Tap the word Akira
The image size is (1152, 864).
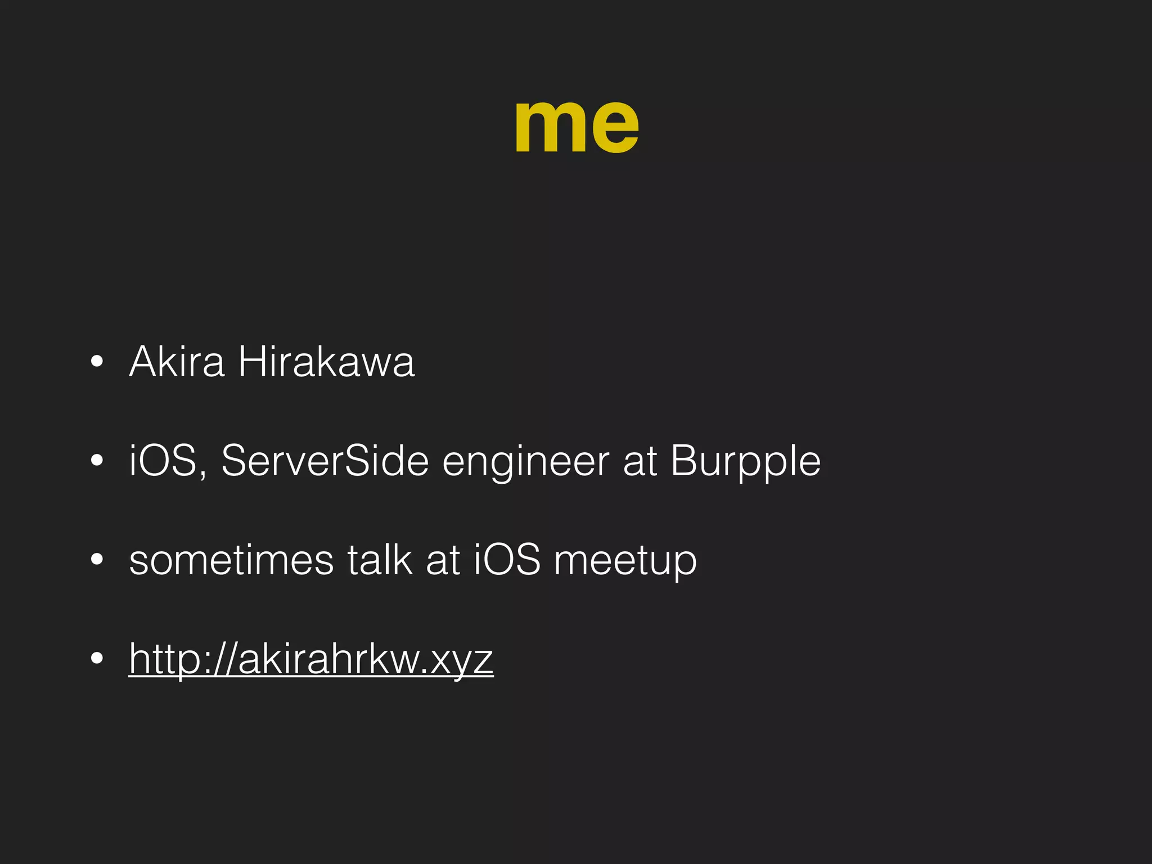tap(177, 361)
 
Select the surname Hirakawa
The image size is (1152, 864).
tap(326, 361)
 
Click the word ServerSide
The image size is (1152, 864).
tap(325, 461)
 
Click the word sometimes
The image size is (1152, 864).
tap(231, 560)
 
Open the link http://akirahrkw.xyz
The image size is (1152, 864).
tap(311, 659)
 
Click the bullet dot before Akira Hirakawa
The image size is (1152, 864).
tap(97, 362)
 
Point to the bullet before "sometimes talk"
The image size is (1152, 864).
tap(97, 560)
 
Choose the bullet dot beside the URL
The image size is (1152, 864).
tap(97, 659)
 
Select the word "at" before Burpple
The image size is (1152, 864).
tap(640, 462)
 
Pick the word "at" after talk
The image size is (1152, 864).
tap(443, 560)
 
